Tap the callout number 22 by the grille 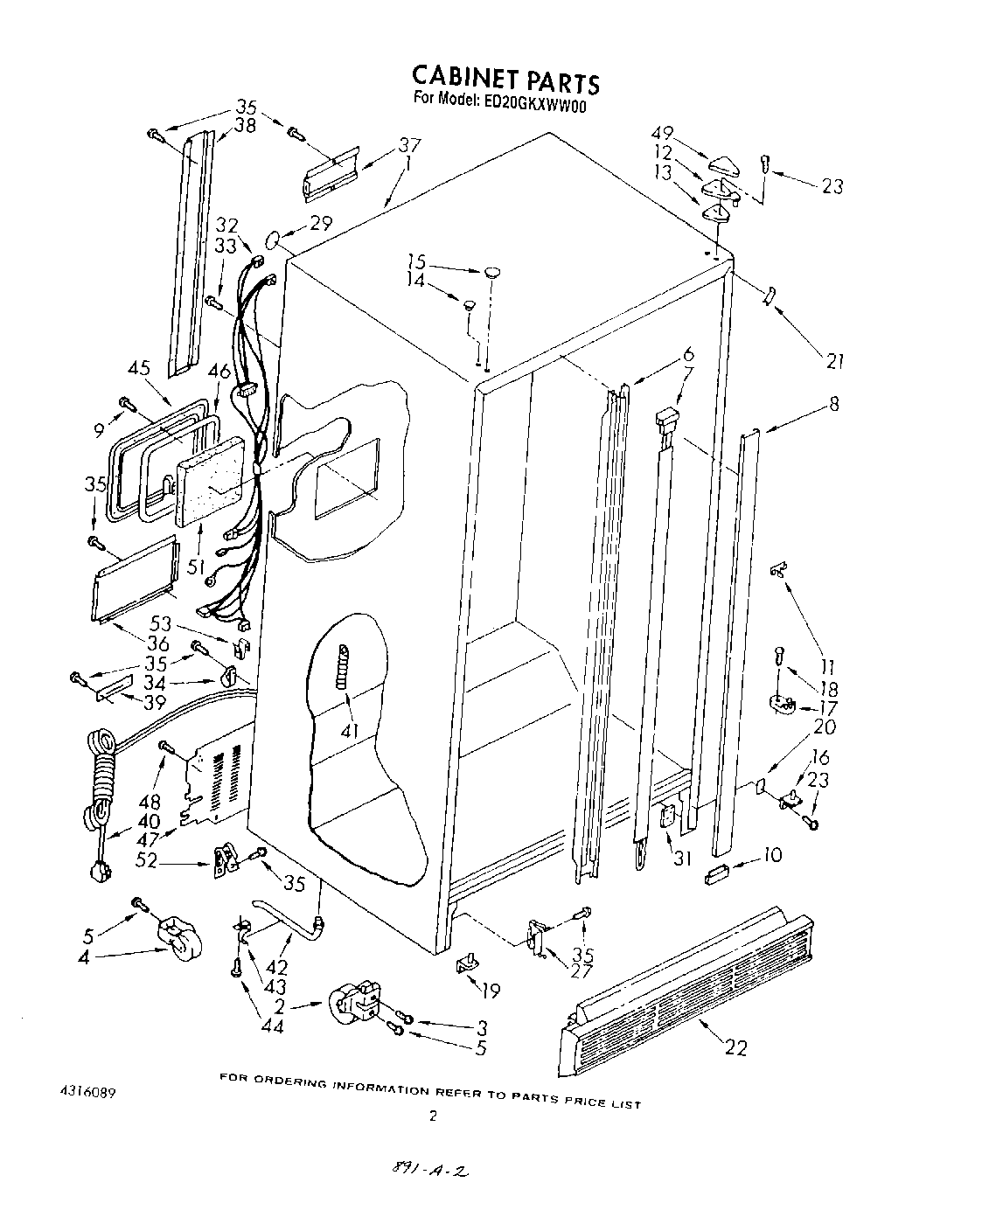tap(736, 1047)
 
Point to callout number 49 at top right tap(662, 133)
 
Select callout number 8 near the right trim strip tap(834, 404)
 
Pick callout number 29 tap(321, 224)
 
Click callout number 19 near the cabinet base tap(491, 991)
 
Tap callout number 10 tap(772, 855)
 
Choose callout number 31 tap(682, 859)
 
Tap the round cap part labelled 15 tap(494, 271)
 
